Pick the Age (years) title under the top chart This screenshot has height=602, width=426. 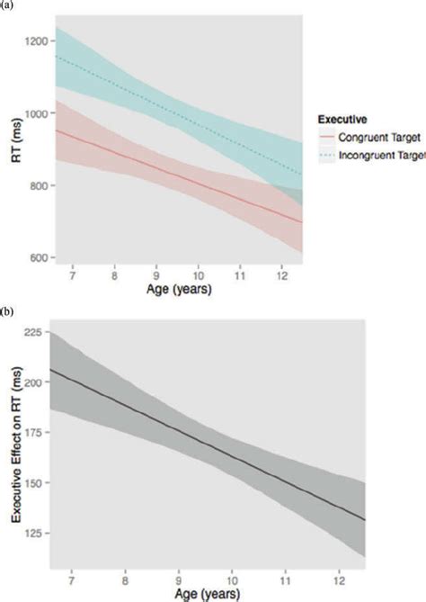[x=179, y=292]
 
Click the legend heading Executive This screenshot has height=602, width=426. [x=342, y=118]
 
